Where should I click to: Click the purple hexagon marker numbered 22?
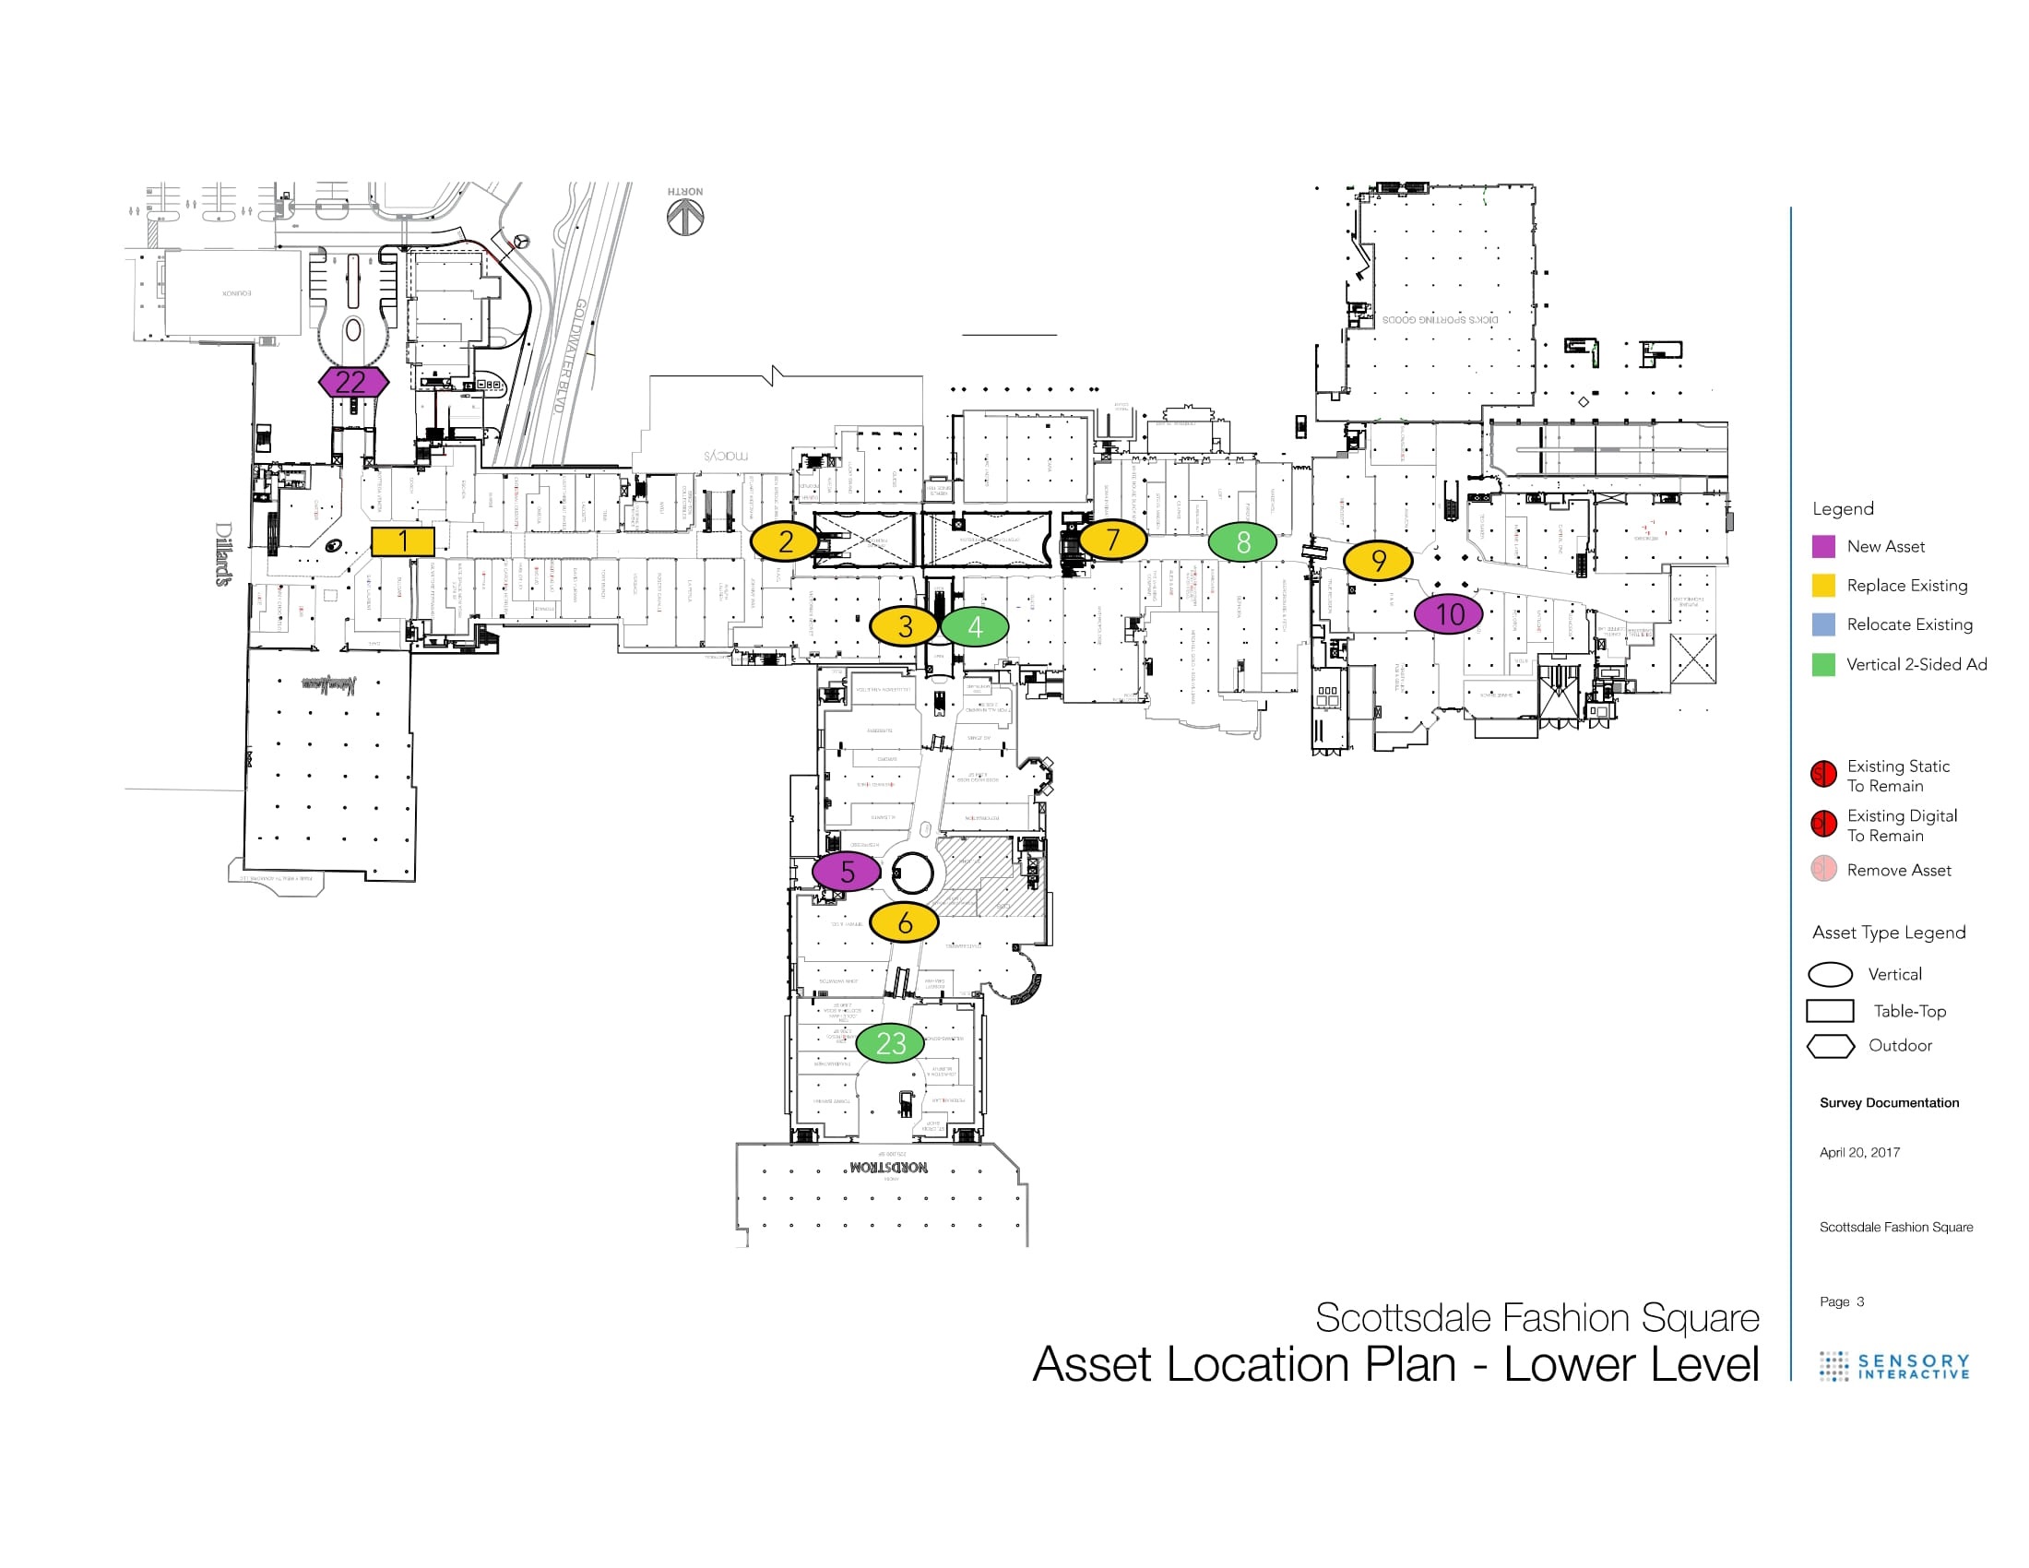353,382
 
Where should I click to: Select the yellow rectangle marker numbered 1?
402,541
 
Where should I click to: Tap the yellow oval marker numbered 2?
785,541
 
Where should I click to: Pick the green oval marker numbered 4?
975,627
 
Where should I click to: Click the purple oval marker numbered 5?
847,872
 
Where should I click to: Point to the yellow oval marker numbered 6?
904,922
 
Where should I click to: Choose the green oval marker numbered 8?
1242,542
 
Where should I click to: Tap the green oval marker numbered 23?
890,1043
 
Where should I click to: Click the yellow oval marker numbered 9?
1378,561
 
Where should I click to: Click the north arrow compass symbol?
685,218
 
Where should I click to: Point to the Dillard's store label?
224,553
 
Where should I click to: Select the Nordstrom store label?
888,1167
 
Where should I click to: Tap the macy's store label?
726,455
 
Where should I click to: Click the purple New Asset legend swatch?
1822,546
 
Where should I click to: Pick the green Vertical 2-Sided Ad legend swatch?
1822,664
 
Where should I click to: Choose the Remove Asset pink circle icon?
1822,870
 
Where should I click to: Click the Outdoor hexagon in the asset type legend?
1830,1046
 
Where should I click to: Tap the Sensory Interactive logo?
1894,1366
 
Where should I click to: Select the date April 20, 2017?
1859,1152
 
